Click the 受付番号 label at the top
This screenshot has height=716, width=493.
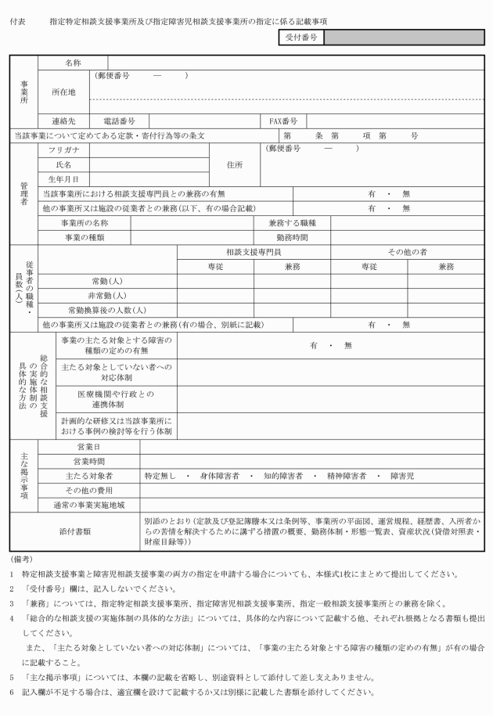(x=301, y=38)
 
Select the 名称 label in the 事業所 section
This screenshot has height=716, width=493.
(x=74, y=61)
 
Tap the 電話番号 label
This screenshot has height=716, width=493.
(x=119, y=121)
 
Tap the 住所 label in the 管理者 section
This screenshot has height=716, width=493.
(x=235, y=164)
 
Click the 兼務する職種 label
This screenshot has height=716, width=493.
(x=293, y=223)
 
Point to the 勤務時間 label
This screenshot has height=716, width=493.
(x=293, y=237)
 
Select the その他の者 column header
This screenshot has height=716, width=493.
(x=406, y=252)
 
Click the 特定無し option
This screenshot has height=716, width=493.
(x=160, y=476)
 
